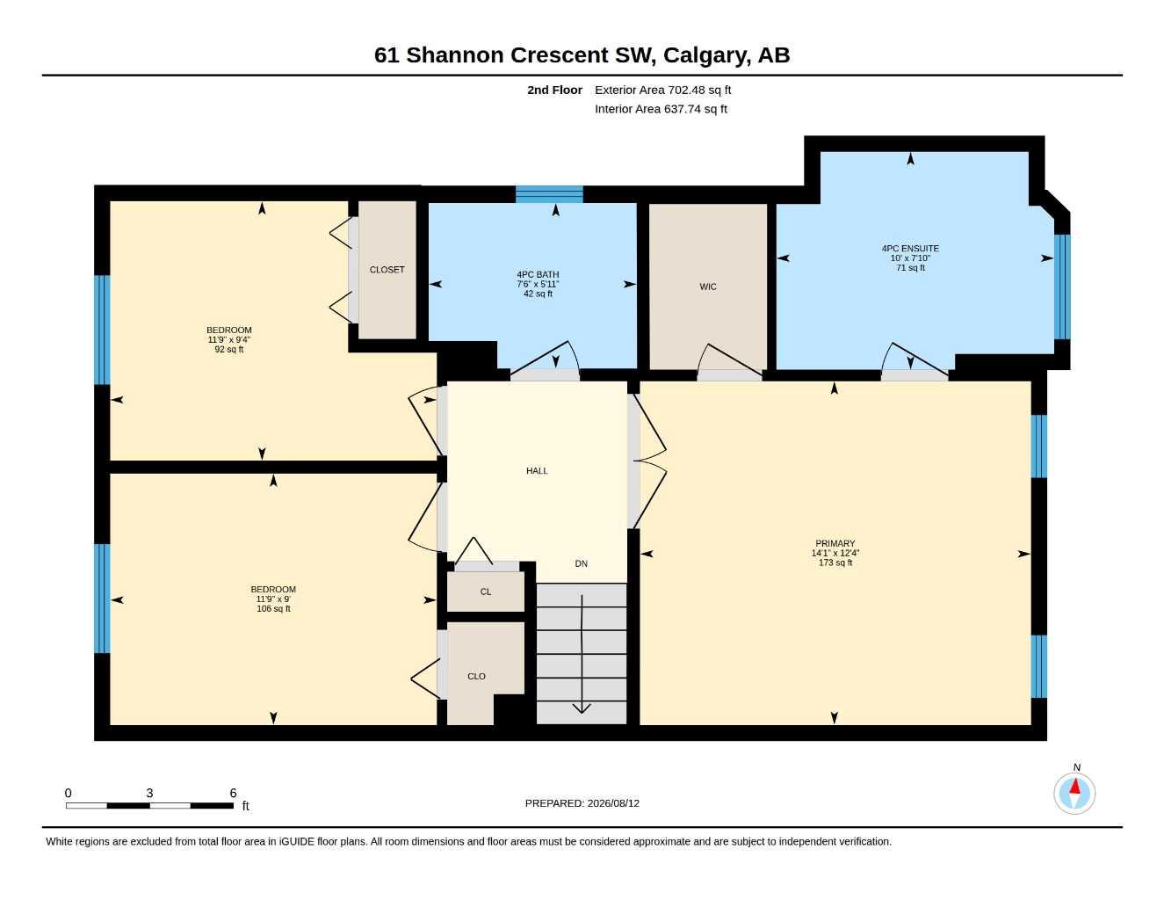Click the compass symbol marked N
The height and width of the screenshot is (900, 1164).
pos(1074,792)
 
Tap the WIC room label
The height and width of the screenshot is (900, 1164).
pos(707,287)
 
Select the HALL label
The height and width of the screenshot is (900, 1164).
pos(537,471)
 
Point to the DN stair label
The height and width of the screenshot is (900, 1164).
pos(582,563)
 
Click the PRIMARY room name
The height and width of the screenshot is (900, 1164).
pos(835,543)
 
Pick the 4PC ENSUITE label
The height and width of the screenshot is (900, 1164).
pos(910,249)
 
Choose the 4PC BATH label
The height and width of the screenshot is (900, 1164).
pos(538,275)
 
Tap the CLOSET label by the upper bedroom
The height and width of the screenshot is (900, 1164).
pos(387,270)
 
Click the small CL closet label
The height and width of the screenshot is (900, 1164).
pos(485,592)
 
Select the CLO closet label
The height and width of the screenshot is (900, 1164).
pos(476,677)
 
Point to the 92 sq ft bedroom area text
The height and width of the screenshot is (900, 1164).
pos(228,350)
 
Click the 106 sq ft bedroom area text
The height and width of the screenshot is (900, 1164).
pos(273,609)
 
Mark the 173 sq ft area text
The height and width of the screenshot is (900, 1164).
pos(835,563)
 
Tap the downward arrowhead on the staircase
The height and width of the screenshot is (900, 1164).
pos(582,708)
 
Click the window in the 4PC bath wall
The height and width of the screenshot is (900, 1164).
pos(549,194)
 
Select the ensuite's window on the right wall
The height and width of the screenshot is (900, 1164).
pos(1062,287)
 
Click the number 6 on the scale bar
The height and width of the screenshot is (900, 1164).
pos(233,793)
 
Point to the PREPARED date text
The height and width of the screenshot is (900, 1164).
pos(582,803)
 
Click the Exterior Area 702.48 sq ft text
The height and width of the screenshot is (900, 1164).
pos(662,90)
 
